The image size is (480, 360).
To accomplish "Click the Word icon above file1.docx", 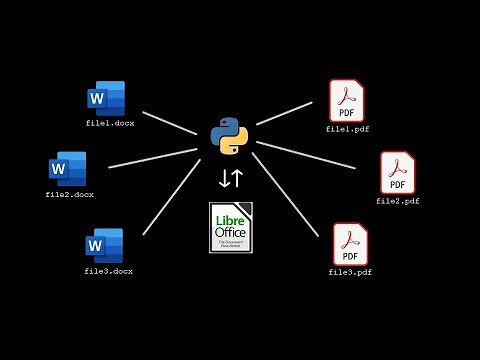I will (106, 98).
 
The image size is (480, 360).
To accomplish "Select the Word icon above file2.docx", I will (68, 168).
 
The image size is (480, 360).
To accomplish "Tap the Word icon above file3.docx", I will (104, 245).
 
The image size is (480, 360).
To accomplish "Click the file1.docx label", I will (109, 123).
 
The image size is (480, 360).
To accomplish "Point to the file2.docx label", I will (69, 194).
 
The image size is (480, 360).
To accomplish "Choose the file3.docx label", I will (108, 271).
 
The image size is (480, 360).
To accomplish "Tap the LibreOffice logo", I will (231, 227).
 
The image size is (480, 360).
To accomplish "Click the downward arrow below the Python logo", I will (224, 179).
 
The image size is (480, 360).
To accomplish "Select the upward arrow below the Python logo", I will (237, 179).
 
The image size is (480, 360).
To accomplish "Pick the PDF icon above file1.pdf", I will (347, 101).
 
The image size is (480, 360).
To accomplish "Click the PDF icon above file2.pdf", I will (397, 173).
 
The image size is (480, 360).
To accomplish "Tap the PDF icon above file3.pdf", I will (350, 244).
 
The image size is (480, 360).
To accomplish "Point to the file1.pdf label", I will (348, 129).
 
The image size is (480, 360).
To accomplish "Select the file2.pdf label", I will (397, 201).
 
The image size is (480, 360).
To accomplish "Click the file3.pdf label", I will (350, 272).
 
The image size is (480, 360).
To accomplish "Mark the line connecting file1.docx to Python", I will (169, 122).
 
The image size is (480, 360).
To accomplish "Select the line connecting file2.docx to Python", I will (152, 158).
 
